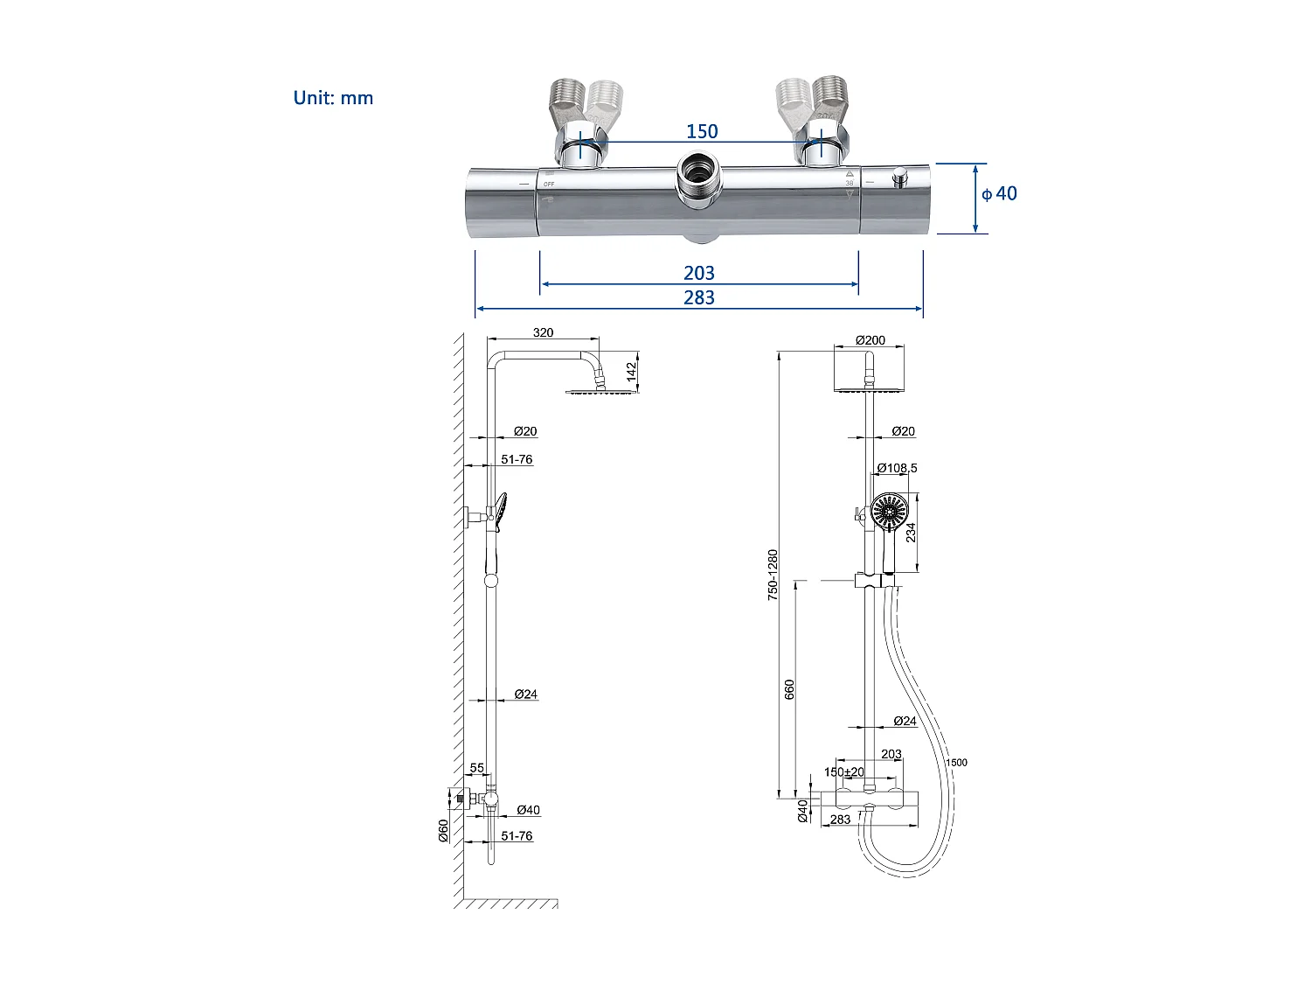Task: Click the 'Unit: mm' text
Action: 333,98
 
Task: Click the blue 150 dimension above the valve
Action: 702,131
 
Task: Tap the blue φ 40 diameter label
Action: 999,193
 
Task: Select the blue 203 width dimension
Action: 699,273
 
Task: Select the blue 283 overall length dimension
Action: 699,297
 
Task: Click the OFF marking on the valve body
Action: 549,184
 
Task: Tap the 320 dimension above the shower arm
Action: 543,332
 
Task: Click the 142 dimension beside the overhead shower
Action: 632,372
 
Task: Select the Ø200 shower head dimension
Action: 870,340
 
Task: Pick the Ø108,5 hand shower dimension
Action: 897,468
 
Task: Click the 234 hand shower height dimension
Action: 911,532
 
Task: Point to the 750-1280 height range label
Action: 773,574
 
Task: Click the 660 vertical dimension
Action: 790,688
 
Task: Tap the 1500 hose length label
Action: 957,763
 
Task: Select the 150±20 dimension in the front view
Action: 843,771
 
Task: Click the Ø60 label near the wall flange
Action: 444,830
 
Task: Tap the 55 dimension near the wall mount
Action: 477,768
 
